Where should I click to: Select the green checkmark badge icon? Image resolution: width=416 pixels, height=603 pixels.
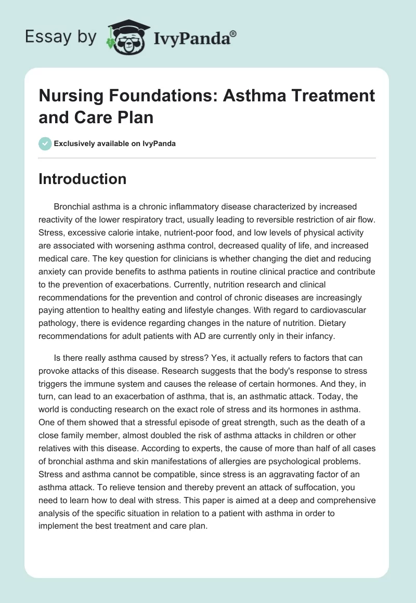45,143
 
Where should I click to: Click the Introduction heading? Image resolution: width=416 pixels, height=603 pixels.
83,179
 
